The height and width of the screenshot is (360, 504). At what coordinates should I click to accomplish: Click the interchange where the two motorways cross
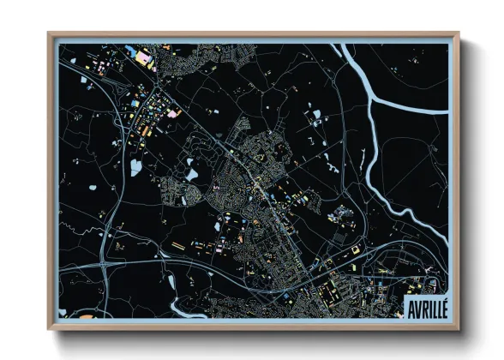(105, 263)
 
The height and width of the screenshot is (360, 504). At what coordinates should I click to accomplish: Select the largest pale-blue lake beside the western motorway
(135, 168)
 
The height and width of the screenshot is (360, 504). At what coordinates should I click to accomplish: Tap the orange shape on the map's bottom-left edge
(87, 315)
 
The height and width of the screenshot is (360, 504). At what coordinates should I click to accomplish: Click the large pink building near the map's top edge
(143, 57)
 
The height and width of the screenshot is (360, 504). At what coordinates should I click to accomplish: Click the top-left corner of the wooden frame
(50, 34)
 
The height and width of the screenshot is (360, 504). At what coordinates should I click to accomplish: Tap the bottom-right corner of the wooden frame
(458, 328)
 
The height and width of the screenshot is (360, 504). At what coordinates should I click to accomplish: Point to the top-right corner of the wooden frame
(458, 34)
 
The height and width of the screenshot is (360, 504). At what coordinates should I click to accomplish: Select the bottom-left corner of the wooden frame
(50, 328)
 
